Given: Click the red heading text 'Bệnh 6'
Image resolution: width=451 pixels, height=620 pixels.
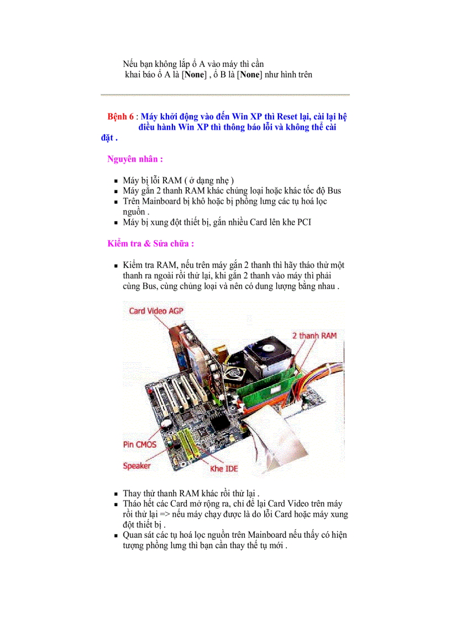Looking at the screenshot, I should click(120, 117).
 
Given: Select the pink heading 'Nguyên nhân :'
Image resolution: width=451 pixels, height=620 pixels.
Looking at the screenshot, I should click(135, 159).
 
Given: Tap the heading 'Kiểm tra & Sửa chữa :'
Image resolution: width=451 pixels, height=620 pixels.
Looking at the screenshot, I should click(150, 243).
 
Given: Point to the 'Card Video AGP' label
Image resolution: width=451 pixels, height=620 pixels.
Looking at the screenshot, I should click(156, 311).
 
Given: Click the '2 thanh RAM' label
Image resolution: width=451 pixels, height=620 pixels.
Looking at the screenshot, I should click(314, 335).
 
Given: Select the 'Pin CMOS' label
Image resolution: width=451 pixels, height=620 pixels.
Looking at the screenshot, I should click(139, 444).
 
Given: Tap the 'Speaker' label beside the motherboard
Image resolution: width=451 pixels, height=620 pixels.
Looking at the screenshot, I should click(137, 465).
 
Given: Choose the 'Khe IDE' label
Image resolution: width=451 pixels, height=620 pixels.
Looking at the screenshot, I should click(224, 469).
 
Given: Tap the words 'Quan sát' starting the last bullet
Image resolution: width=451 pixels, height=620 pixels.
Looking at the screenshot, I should click(139, 535).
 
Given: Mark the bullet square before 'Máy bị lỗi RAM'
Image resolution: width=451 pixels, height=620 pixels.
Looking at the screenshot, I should click(116, 181).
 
